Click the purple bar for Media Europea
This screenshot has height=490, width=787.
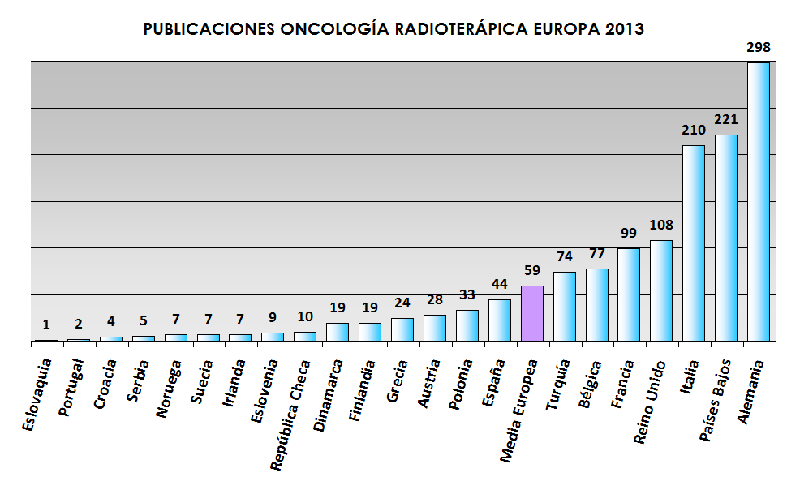coord(532,313)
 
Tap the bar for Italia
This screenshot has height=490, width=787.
coord(694,243)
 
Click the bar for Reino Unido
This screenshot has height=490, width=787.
coord(661,290)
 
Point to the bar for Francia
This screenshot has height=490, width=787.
coord(629,294)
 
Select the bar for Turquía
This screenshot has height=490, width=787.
coord(565,306)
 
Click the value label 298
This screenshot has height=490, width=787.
coord(758,47)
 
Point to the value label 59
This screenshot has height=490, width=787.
coord(532,269)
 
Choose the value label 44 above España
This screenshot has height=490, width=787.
coord(500,284)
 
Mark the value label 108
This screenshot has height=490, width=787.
coord(661,225)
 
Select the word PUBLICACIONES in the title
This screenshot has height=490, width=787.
coord(209,29)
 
